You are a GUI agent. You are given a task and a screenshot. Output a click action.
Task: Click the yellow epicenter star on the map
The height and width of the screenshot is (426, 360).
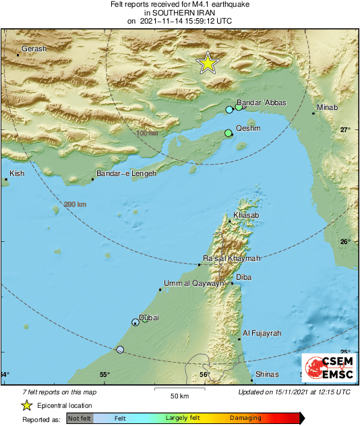tap(208, 63)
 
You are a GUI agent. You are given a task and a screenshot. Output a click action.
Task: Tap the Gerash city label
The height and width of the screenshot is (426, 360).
tap(35, 49)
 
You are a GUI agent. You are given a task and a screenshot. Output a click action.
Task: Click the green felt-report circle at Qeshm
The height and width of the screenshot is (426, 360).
tap(228, 133)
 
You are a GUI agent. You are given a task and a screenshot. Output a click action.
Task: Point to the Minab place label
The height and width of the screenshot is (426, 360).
tap(328, 107)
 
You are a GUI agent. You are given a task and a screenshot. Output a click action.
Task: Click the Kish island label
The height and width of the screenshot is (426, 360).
tap(17, 174)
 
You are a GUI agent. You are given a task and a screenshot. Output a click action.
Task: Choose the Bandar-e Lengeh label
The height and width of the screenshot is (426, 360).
tap(126, 174)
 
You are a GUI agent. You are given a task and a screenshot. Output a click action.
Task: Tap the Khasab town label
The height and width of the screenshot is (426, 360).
tap(245, 215)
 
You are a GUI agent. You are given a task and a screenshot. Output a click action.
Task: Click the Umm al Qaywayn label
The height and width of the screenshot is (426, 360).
tap(194, 284)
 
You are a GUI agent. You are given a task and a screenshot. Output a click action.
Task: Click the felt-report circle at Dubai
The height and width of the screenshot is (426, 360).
tap(136, 322)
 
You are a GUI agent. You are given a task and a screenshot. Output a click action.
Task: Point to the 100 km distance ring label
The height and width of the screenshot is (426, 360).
tap(147, 133)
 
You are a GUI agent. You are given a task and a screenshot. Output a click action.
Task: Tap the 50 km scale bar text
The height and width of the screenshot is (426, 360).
tap(178, 396)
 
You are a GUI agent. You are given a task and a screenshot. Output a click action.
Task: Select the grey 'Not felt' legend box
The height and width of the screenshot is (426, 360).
tap(80, 419)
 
